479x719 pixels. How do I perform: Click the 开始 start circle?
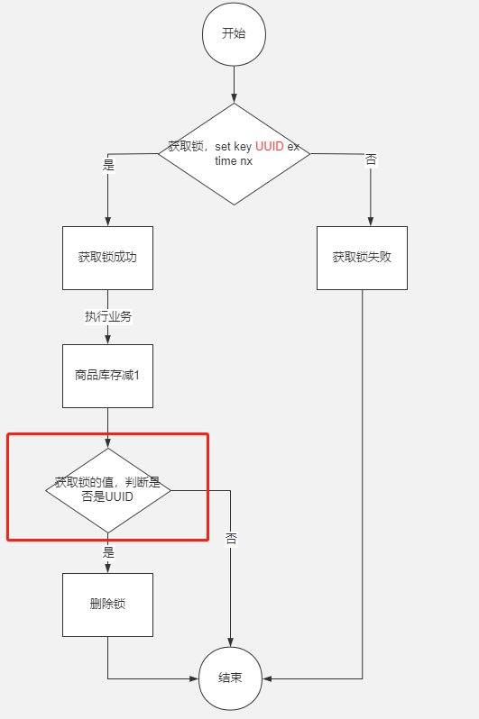pos(234,33)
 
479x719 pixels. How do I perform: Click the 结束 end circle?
pos(231,678)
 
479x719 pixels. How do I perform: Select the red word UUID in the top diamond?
pos(270,146)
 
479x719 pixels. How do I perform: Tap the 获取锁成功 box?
pos(107,258)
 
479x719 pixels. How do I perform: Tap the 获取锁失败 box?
pos(362,258)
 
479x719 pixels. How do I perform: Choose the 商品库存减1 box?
pos(107,375)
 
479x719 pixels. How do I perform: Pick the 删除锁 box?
pos(107,605)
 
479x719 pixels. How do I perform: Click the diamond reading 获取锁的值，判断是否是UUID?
pos(108,490)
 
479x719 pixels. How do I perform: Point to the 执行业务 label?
pos(108,317)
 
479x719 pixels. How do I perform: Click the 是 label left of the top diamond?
pos(109,165)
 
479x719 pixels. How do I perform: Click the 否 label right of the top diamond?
pos(371,159)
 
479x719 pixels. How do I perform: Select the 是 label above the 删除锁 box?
pos(109,552)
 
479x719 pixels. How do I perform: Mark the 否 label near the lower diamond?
pos(231,539)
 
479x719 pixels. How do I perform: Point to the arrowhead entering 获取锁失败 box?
pos(371,222)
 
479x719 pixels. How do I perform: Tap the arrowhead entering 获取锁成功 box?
pos(107,222)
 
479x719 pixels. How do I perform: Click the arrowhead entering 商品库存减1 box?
pos(107,340)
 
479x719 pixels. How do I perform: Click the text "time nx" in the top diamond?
pos(234,160)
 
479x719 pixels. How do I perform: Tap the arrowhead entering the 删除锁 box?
pos(107,569)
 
